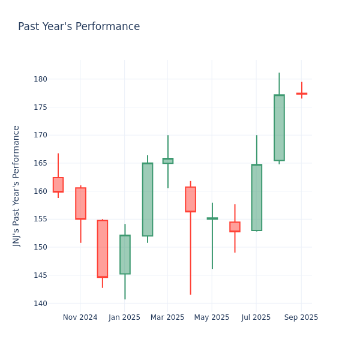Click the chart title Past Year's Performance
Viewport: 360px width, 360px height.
(x=79, y=27)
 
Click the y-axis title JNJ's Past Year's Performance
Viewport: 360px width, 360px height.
(x=17, y=186)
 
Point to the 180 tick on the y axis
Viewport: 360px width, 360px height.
(x=41, y=79)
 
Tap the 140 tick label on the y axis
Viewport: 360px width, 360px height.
(x=41, y=304)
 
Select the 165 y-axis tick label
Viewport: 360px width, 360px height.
(x=41, y=163)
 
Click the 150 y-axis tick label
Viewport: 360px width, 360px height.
(x=41, y=247)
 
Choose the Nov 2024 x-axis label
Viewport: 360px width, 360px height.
(x=80, y=317)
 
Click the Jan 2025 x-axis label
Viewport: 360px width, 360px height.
(x=124, y=317)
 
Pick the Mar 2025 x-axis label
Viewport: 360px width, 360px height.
(x=167, y=317)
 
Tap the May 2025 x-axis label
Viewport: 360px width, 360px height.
(x=212, y=317)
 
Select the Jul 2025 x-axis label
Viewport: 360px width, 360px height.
(x=256, y=317)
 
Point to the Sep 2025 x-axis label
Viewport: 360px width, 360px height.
(x=301, y=317)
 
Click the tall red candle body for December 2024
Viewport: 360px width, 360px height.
(x=103, y=248)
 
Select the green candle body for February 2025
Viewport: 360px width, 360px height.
(x=148, y=199)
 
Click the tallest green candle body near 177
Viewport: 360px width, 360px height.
(x=279, y=128)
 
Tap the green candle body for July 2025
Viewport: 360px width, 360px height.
(x=257, y=197)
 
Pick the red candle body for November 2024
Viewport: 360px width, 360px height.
(x=80, y=203)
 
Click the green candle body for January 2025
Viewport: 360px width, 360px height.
(x=125, y=254)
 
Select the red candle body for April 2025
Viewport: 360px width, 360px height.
(x=190, y=199)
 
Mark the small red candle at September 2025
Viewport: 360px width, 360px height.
(x=301, y=94)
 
